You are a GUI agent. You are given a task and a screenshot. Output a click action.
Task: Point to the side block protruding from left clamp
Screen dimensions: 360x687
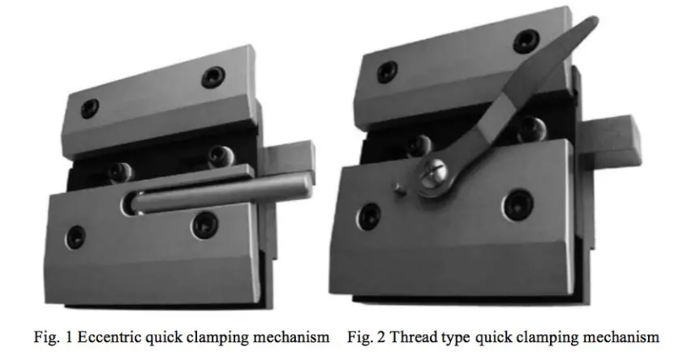[299, 161]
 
